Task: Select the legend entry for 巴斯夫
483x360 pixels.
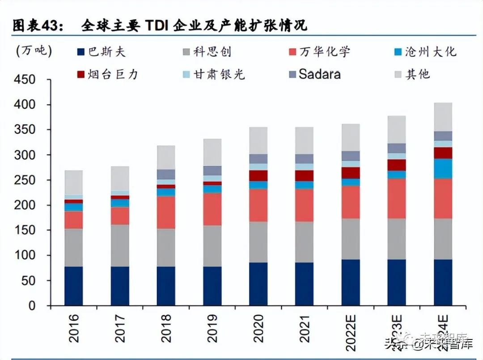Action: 101,52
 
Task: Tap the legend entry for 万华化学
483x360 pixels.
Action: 318,52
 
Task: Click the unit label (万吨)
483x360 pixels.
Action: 34,51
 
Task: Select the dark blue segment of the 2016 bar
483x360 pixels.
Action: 74,286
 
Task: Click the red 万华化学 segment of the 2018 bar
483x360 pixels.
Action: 166,212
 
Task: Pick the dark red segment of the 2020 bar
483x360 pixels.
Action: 258,176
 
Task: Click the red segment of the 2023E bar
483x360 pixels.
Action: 396,199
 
